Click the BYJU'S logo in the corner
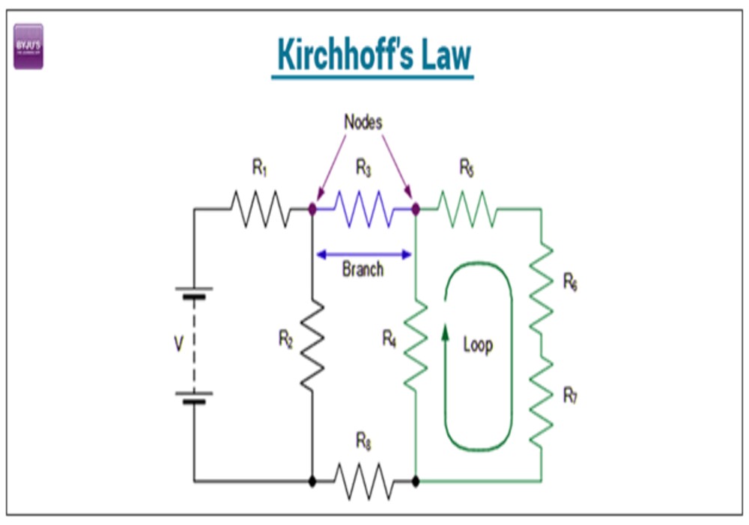pos(28,46)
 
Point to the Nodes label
pos(363,122)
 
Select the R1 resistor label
pos(259,169)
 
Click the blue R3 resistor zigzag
pos(363,209)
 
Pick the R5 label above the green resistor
pos(467,169)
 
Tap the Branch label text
pos(363,269)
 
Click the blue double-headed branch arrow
pos(364,254)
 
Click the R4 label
pos(389,339)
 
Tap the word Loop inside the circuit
pos(478,345)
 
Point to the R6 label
pos(570,283)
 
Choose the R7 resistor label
pos(570,397)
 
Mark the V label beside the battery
pos(178,344)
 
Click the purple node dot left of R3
pos(312,209)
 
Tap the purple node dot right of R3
pos(416,209)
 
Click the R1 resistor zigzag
pos(259,209)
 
